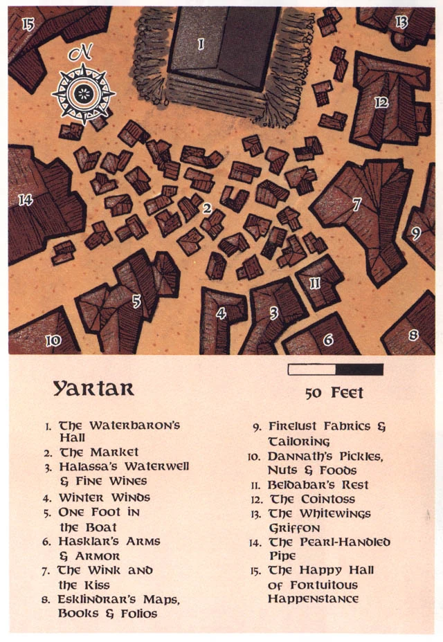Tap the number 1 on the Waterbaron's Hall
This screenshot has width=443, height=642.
[201, 44]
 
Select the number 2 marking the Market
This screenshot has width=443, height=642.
[206, 208]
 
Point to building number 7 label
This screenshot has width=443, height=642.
[356, 205]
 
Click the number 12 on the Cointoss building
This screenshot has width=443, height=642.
[381, 102]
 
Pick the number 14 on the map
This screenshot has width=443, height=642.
[26, 200]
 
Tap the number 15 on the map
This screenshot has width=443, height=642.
[28, 25]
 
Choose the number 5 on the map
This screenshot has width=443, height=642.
[136, 301]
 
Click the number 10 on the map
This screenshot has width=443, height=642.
[53, 340]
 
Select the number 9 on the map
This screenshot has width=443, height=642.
[416, 233]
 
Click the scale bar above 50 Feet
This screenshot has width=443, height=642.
[335, 369]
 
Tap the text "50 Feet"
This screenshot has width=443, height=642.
[334, 393]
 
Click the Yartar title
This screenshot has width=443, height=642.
[93, 388]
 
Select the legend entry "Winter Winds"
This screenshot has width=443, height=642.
[104, 497]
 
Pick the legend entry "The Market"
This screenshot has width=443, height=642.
[98, 452]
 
